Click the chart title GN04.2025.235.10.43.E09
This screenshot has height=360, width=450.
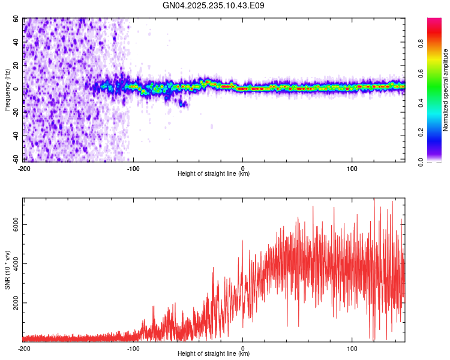coord(214,5)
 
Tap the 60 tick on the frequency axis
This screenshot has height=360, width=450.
coord(16,19)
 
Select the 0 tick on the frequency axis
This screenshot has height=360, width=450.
coord(18,89)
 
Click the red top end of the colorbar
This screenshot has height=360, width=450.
coord(434,21)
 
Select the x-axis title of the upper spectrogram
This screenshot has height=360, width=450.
coord(214,174)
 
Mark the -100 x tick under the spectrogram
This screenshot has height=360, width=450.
coord(133,167)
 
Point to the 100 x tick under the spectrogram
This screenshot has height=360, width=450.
coord(352,167)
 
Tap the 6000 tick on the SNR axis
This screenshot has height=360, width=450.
coord(13,224)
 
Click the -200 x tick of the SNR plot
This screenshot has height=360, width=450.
coord(24,348)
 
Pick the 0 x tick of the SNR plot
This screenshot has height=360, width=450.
coord(242,348)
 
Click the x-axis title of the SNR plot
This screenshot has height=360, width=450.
coord(214,355)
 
